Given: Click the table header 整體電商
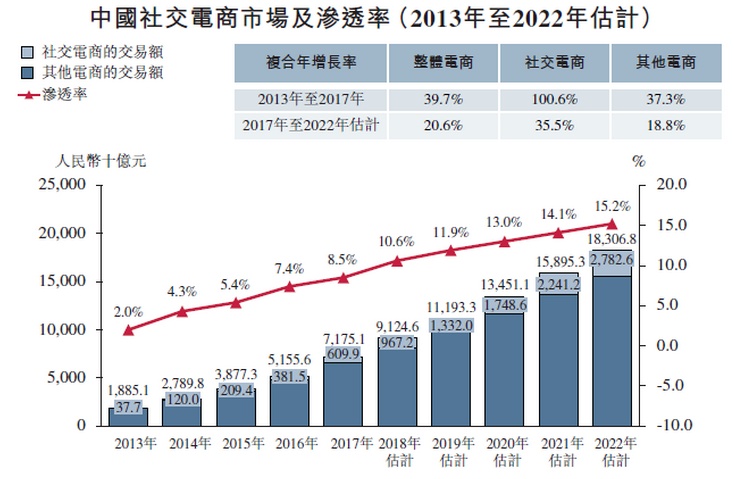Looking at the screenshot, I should pyautogui.click(x=441, y=61).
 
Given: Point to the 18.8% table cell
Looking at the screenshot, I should pyautogui.click(x=666, y=126).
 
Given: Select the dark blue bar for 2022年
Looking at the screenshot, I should pyautogui.click(x=612, y=350).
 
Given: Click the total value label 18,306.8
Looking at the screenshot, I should pyautogui.click(x=612, y=241).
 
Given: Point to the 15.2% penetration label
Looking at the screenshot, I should pyautogui.click(x=612, y=206).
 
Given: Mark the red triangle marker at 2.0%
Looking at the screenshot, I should pyautogui.click(x=127, y=329).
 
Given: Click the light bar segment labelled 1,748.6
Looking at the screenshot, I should pyautogui.click(x=504, y=304).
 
